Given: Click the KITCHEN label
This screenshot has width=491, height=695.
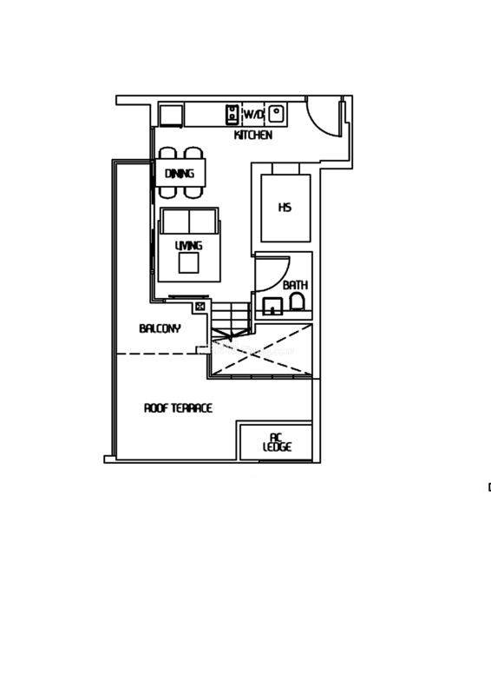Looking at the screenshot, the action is coord(252,135).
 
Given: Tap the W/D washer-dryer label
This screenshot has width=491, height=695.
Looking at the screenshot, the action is coord(253,115).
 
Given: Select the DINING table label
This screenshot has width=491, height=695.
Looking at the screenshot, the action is coord(180,173).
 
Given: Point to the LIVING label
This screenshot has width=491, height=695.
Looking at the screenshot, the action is coord(188,246).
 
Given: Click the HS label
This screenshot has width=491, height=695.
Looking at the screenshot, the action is coord(285,208).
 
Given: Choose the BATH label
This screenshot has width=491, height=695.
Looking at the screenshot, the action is coord(295,285).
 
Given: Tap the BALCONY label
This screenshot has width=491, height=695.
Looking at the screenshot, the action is coord(160,328).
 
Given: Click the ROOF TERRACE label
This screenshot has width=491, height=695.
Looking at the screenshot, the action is coord(178,407).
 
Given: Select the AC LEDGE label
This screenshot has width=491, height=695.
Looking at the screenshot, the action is coord(277,443).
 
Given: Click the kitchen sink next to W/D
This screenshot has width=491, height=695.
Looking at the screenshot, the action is coord(277,114).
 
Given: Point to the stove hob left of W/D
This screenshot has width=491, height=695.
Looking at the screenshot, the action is coord(232,114).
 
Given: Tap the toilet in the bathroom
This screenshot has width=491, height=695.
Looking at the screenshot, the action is coord(297,301).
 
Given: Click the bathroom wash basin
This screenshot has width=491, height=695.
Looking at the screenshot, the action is coord(272,306).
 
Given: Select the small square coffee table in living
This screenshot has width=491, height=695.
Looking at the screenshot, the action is coord(189,263).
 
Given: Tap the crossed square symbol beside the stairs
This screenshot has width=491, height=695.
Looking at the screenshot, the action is coord(200,306).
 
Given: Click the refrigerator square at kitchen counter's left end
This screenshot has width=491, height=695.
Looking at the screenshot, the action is coord(171,116).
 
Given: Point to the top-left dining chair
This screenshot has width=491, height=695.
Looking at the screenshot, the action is coord(167,154).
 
